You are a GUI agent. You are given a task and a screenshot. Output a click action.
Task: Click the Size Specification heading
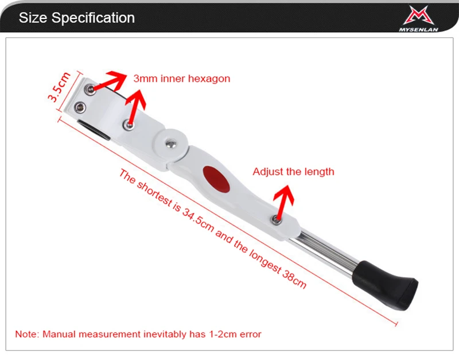(x=76, y=17)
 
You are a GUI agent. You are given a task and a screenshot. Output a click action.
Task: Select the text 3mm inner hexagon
(x=181, y=79)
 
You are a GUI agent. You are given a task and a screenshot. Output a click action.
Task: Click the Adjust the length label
(x=293, y=171)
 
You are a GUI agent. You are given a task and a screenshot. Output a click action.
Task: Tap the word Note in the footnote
(x=25, y=334)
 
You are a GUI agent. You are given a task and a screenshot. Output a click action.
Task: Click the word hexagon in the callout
(x=211, y=79)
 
